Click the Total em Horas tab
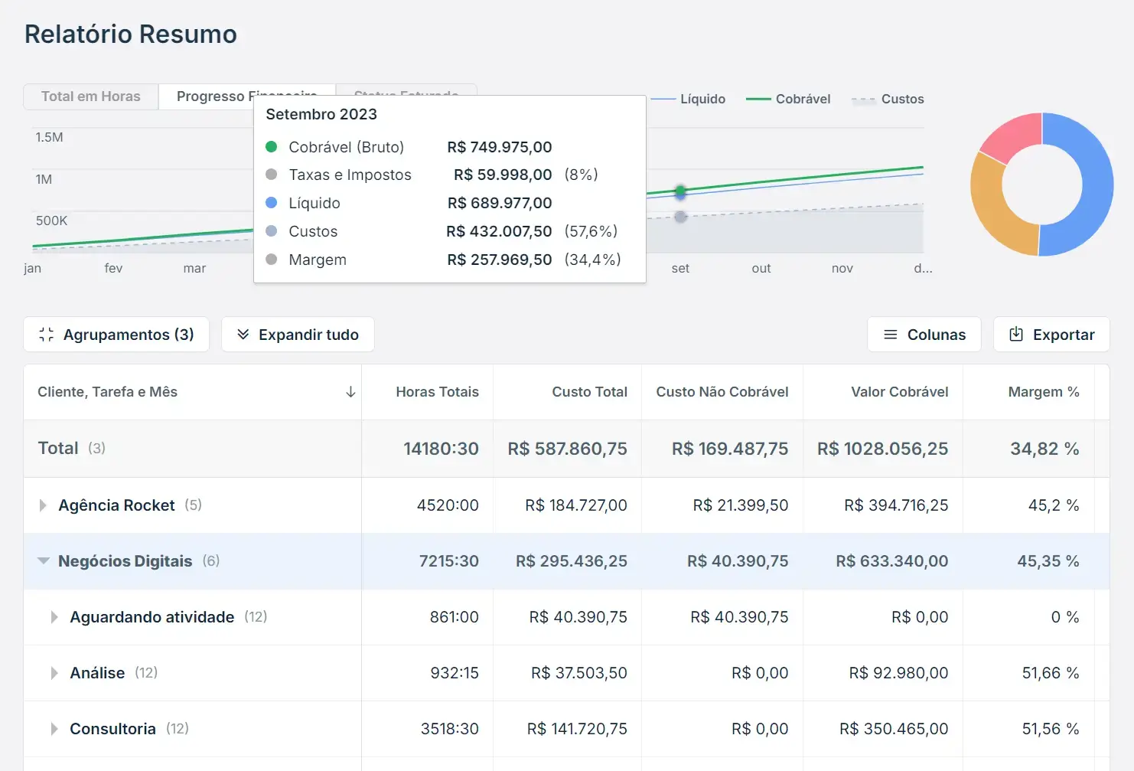[x=90, y=96]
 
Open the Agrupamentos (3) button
[x=116, y=335]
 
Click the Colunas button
[x=924, y=335]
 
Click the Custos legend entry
[x=888, y=99]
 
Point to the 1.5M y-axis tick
[x=49, y=137]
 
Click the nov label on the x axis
[x=842, y=268]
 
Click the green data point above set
[x=680, y=190]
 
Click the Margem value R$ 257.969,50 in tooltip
[x=499, y=260]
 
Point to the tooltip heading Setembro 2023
[x=321, y=114]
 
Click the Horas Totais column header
[x=437, y=392]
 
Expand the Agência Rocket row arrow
[x=43, y=505]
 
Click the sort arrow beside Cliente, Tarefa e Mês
[x=350, y=392]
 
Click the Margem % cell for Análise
[x=1050, y=673]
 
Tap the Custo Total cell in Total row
[x=567, y=449]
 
